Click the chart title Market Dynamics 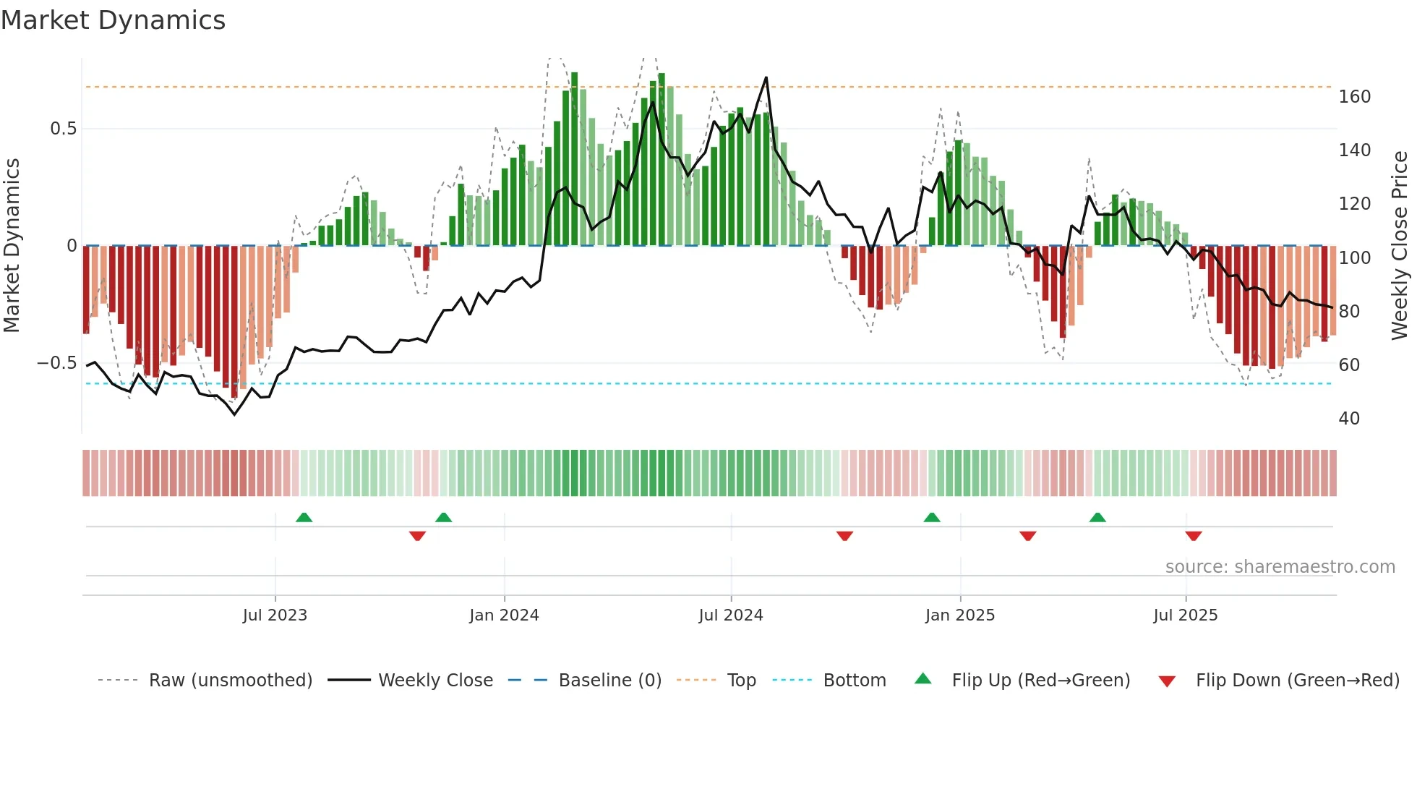(x=113, y=20)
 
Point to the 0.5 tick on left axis (x=63, y=129)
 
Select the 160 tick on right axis (x=1354, y=97)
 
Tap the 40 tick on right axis (x=1349, y=419)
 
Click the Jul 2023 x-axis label (x=275, y=615)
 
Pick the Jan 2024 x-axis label (x=504, y=615)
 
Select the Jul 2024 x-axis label (x=731, y=615)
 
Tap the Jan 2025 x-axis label (x=960, y=615)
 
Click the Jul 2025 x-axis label (x=1186, y=615)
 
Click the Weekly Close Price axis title (x=1400, y=246)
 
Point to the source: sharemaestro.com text (x=1280, y=567)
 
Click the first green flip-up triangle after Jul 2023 (x=304, y=518)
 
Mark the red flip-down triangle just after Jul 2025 (x=1194, y=536)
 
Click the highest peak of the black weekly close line (x=766, y=77)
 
